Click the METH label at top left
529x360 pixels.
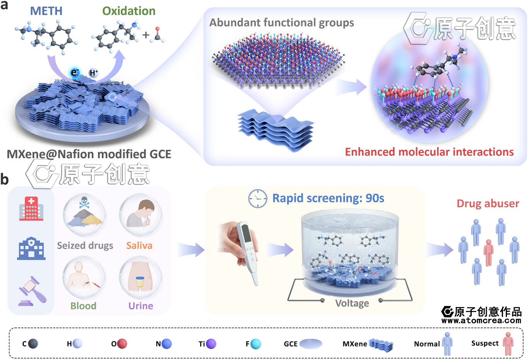pyautogui.click(x=46, y=11)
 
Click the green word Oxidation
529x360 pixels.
pyautogui.click(x=128, y=11)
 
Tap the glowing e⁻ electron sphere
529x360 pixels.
pyautogui.click(x=75, y=72)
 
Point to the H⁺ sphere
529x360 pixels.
pyautogui.click(x=94, y=72)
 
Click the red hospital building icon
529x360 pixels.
pyautogui.click(x=31, y=208)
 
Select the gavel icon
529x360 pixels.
pyautogui.click(x=33, y=291)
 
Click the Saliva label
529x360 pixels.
pyautogui.click(x=139, y=246)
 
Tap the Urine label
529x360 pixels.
pyautogui.click(x=140, y=306)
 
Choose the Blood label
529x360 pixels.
pyautogui.click(x=83, y=306)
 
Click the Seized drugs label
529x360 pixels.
pyautogui.click(x=85, y=246)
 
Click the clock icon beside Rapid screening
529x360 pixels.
pyautogui.click(x=257, y=199)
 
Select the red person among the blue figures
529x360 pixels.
pyautogui.click(x=489, y=252)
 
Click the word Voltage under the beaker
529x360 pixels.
pyautogui.click(x=352, y=303)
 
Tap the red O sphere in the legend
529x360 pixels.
pyautogui.click(x=122, y=343)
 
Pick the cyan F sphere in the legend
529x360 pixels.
pyautogui.click(x=255, y=343)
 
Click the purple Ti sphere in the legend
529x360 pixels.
pyautogui.click(x=211, y=343)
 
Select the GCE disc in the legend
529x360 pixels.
pyautogui.click(x=310, y=343)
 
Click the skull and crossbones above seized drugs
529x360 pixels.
pyautogui.click(x=84, y=202)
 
